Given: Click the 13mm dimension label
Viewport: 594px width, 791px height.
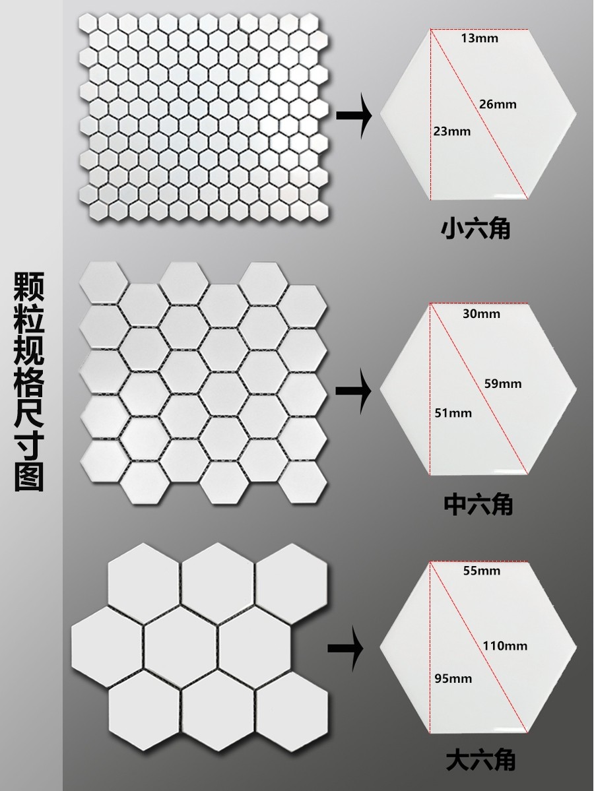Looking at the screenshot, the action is point(480,38).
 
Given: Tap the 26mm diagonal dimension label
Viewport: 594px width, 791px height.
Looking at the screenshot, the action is point(498,104).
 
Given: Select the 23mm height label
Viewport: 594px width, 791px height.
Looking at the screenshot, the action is point(452,131).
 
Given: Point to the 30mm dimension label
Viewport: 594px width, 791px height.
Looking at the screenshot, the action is point(481,313).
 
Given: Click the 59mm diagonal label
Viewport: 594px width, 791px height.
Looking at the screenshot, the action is point(503,383).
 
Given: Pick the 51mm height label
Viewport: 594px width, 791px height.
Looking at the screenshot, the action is point(453,413).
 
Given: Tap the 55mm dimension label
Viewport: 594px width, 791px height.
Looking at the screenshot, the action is point(482,571).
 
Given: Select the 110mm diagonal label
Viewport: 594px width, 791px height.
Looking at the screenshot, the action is point(505,646).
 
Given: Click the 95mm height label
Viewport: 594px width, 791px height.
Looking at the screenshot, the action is point(453,678).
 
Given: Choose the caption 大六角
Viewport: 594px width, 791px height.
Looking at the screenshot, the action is point(480,761).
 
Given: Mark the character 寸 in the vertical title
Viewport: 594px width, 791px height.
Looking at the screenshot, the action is point(29,439).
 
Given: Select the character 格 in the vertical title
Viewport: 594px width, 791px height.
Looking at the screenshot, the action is point(29,365).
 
